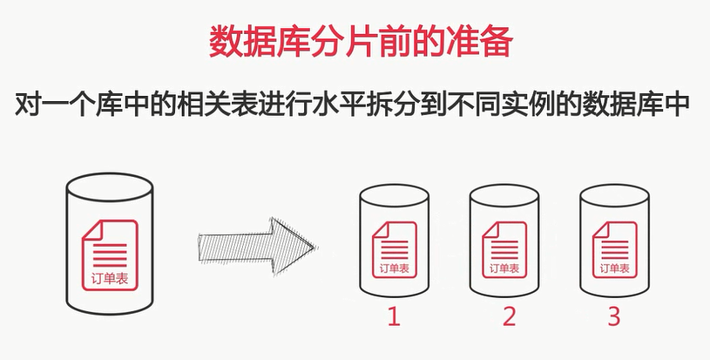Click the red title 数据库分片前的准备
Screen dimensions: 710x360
pos(361,41)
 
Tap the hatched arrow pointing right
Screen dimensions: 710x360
pos(257,247)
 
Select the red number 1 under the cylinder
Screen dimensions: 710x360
pos(394,316)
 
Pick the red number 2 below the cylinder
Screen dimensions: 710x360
pos(509,316)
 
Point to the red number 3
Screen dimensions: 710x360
pos(613,316)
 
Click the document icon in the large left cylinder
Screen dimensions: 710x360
pos(110,255)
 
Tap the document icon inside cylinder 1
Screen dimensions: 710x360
pos(394,249)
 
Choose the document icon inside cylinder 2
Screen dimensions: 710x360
pos(504,249)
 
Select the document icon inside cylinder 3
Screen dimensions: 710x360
pos(614,249)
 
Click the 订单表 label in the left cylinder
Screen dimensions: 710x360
pos(110,278)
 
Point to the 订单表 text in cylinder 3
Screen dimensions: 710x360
pos(615,268)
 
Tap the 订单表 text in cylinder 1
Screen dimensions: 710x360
pos(395,268)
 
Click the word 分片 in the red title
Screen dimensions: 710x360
pos(328,41)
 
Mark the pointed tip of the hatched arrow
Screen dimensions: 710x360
pos(315,248)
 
